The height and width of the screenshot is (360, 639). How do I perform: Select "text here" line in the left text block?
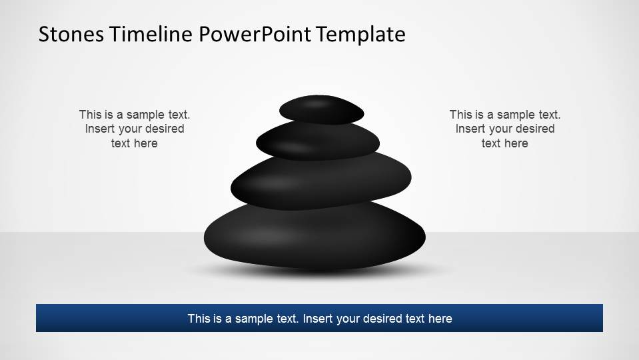[134, 143]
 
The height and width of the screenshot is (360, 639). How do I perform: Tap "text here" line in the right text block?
[504, 143]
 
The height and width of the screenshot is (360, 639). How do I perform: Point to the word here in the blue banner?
[440, 319]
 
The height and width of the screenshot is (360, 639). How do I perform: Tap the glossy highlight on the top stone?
[319, 103]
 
